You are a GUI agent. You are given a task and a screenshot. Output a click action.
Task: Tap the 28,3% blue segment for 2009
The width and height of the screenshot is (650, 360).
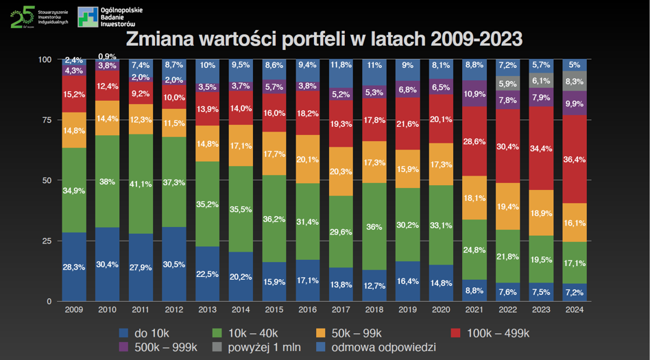74,267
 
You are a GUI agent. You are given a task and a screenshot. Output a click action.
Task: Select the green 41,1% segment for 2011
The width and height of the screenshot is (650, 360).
141,184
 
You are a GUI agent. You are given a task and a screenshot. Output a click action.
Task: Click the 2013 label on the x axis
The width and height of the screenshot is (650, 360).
208,310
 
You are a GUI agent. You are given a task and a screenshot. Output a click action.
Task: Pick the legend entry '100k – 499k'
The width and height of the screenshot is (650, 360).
494,333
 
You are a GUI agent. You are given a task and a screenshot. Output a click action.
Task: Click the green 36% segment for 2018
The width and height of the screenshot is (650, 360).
375,226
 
